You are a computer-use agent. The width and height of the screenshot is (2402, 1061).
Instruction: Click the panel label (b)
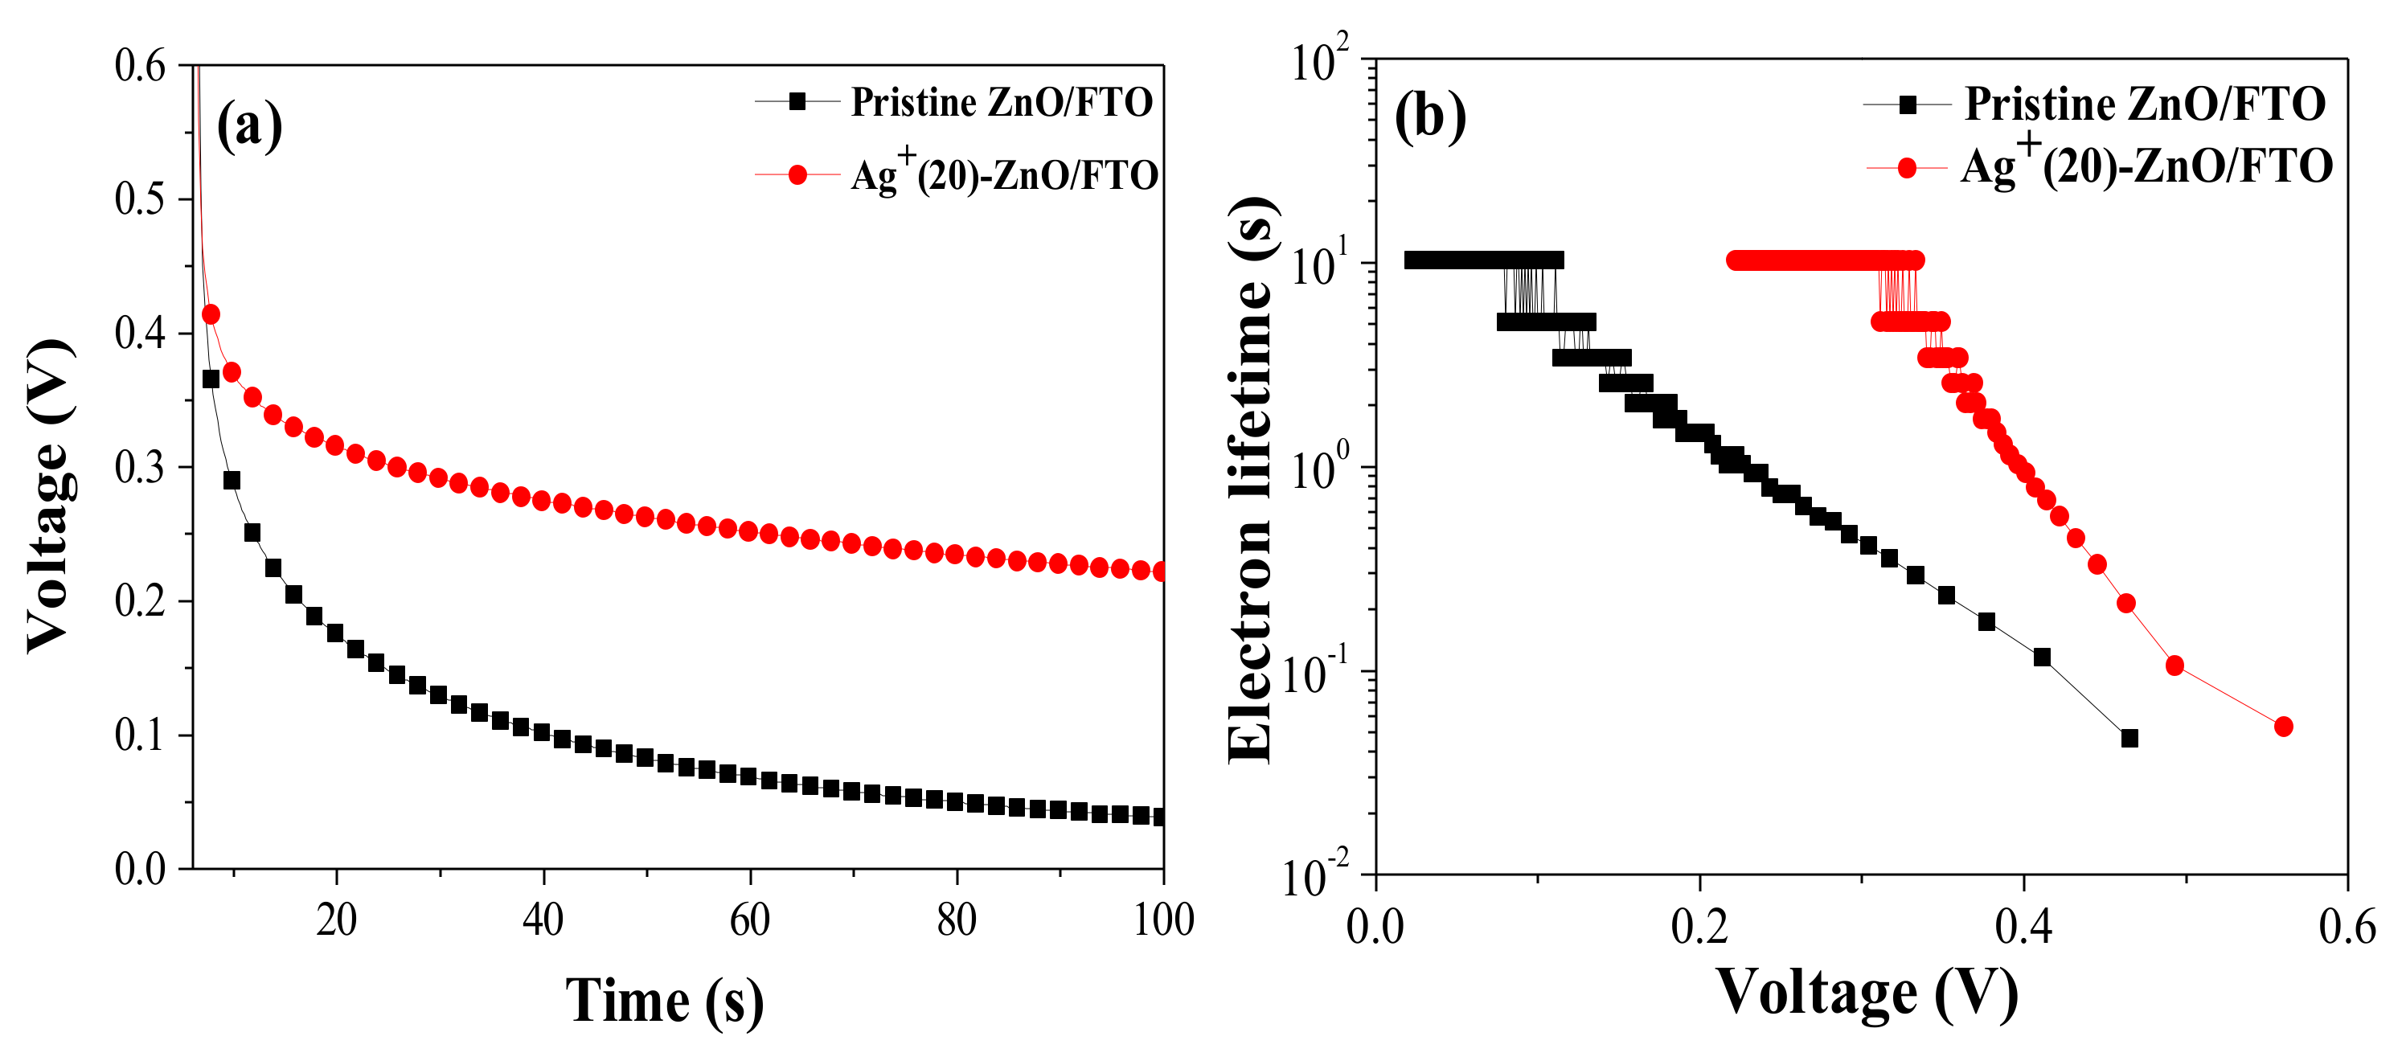(1429, 117)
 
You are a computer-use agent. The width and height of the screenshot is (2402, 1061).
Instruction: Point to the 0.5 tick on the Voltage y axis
(140, 199)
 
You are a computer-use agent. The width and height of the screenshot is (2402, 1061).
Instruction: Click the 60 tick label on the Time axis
(750, 920)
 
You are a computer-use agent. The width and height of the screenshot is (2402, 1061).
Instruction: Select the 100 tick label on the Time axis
(1162, 920)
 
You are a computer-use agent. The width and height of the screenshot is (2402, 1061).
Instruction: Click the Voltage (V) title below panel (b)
(1867, 993)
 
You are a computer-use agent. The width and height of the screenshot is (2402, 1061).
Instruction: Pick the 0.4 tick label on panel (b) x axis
(2023, 928)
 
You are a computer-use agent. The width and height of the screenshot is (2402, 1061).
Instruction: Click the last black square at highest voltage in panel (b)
(2129, 739)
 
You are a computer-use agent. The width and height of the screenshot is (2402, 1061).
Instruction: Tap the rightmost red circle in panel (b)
(2284, 727)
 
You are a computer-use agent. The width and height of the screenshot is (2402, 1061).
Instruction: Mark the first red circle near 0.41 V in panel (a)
(211, 315)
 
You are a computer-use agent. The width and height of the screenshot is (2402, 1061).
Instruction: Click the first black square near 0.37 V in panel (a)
(211, 379)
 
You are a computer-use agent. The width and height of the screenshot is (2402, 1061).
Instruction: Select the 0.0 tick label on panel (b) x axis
(1375, 928)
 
